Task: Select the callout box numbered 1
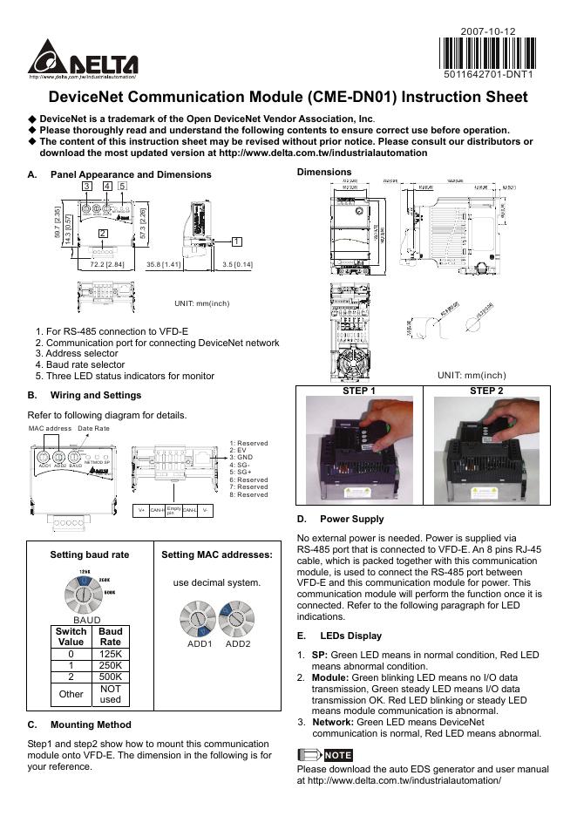236,241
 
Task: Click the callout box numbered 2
102,233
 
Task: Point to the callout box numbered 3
87,186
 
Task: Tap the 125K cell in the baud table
109,653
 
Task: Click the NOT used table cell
109,694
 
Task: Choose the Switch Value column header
71,636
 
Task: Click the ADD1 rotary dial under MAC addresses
199,621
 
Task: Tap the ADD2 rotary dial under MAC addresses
237,621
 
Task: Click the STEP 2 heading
486,391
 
